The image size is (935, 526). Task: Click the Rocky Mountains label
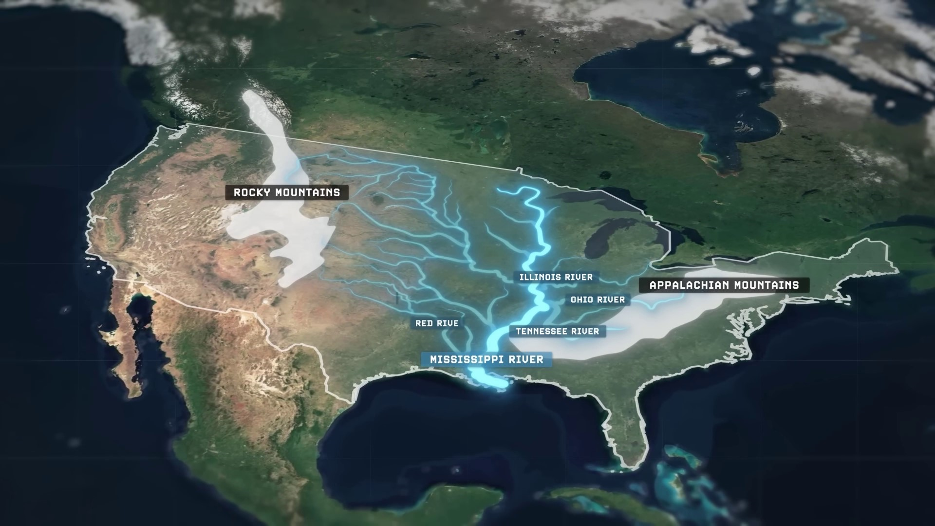point(287,192)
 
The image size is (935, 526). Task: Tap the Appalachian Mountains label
point(724,285)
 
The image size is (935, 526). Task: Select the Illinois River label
point(556,277)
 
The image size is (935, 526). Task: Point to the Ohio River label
point(598,300)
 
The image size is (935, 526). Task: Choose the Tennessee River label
point(557,332)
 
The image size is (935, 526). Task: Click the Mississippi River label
point(486,360)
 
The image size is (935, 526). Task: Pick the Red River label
point(437,323)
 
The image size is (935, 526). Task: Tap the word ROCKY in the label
point(252,192)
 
